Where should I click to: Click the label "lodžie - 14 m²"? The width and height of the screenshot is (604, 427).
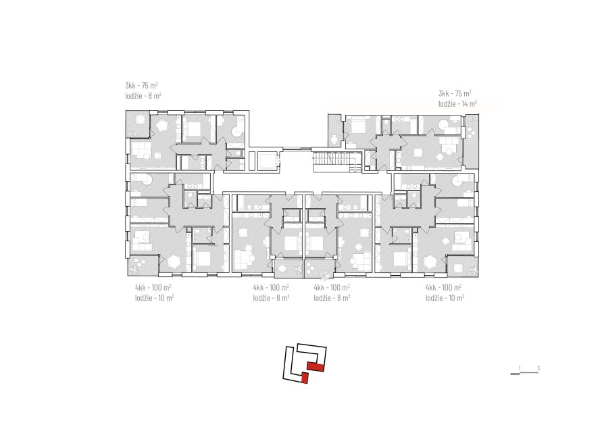pyautogui.click(x=457, y=103)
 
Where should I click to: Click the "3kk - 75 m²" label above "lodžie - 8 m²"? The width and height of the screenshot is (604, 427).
pyautogui.click(x=141, y=85)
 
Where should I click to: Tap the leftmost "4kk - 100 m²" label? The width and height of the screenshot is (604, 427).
pyautogui.click(x=153, y=287)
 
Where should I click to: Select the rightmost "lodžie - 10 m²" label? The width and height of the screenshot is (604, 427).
pyautogui.click(x=445, y=297)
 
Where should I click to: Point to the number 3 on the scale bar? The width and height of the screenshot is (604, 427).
pyautogui.click(x=538, y=368)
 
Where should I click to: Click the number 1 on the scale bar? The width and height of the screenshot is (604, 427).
pyautogui.click(x=520, y=368)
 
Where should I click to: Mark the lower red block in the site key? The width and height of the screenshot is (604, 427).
pyautogui.click(x=305, y=378)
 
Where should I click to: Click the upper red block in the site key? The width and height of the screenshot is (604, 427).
pyautogui.click(x=316, y=367)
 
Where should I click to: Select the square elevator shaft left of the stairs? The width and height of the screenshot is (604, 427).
pyautogui.click(x=266, y=160)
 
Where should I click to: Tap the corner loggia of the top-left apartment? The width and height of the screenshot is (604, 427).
pyautogui.click(x=138, y=124)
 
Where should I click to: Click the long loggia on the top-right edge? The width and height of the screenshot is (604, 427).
pyautogui.click(x=471, y=141)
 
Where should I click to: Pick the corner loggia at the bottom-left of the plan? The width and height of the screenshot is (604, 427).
pyautogui.click(x=143, y=266)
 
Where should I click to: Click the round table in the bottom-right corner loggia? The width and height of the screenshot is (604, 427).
pyautogui.click(x=458, y=267)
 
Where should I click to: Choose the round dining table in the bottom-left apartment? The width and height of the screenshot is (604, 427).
pyautogui.click(x=174, y=262)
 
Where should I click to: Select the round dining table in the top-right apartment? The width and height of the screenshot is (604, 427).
pyautogui.click(x=418, y=152)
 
